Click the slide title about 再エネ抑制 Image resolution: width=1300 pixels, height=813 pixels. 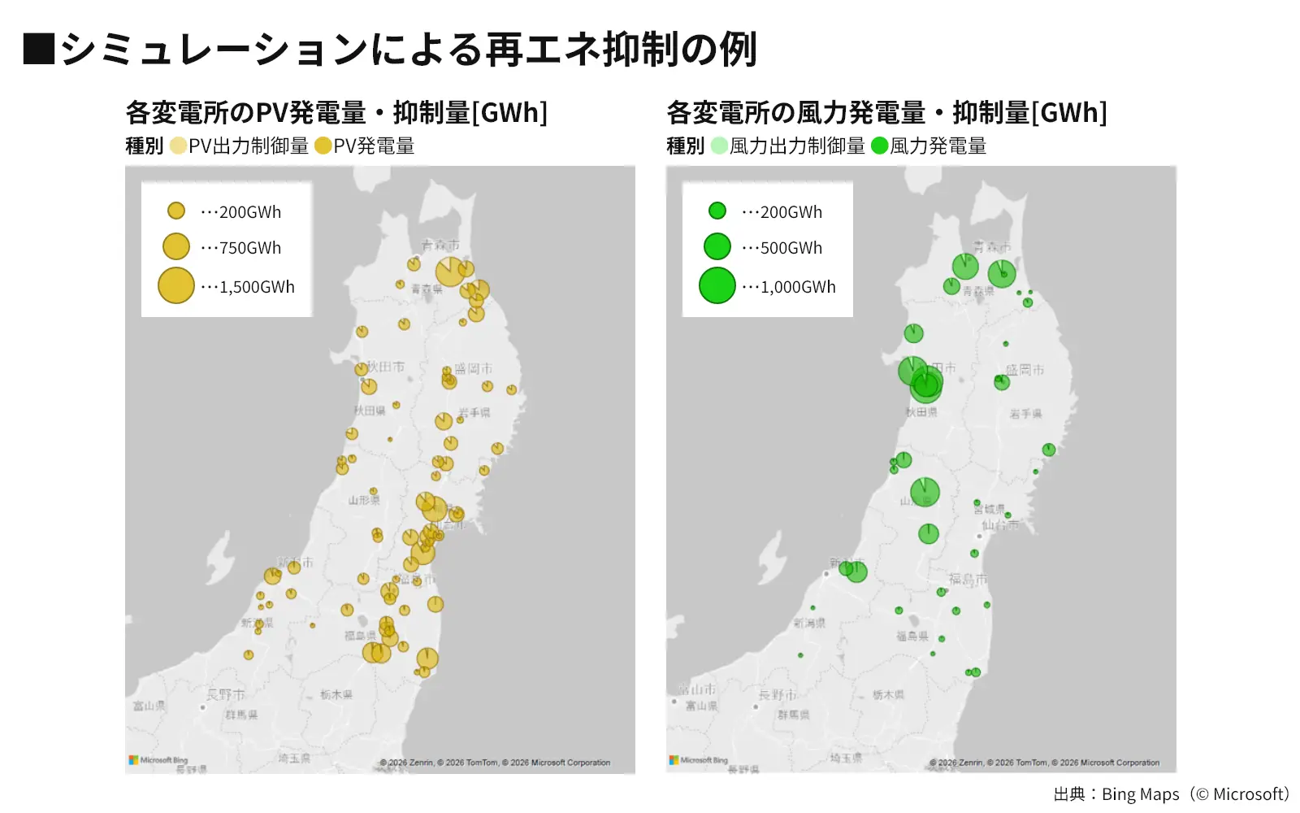[x=390, y=49]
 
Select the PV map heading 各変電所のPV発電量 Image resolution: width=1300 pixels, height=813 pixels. [x=336, y=113]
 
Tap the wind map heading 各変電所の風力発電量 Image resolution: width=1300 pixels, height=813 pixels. [x=886, y=113]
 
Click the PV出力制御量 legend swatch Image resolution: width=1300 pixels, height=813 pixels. [x=178, y=146]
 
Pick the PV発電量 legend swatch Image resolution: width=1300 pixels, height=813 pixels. [x=323, y=146]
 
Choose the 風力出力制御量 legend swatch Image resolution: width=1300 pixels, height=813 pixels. [x=719, y=146]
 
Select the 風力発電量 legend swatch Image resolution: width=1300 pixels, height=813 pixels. [x=879, y=146]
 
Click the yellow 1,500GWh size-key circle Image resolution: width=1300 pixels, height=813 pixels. [x=176, y=286]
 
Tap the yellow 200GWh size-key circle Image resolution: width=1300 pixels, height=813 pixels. [x=176, y=211]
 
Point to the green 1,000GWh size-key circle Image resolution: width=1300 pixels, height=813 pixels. [x=717, y=286]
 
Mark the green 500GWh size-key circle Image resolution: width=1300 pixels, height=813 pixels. [x=717, y=246]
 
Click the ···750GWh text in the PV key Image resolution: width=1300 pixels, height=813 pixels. [x=241, y=248]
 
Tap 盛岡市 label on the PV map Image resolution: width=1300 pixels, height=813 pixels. [x=474, y=368]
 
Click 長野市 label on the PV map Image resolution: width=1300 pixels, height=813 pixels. [x=225, y=695]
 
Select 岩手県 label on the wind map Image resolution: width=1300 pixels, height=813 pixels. [x=1025, y=414]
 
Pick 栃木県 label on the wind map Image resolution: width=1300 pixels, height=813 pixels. [x=888, y=695]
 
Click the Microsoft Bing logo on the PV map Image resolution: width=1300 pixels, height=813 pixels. [x=158, y=761]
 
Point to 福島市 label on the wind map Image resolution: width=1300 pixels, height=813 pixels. [x=968, y=580]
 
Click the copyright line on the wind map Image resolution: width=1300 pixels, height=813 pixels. [x=1045, y=763]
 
